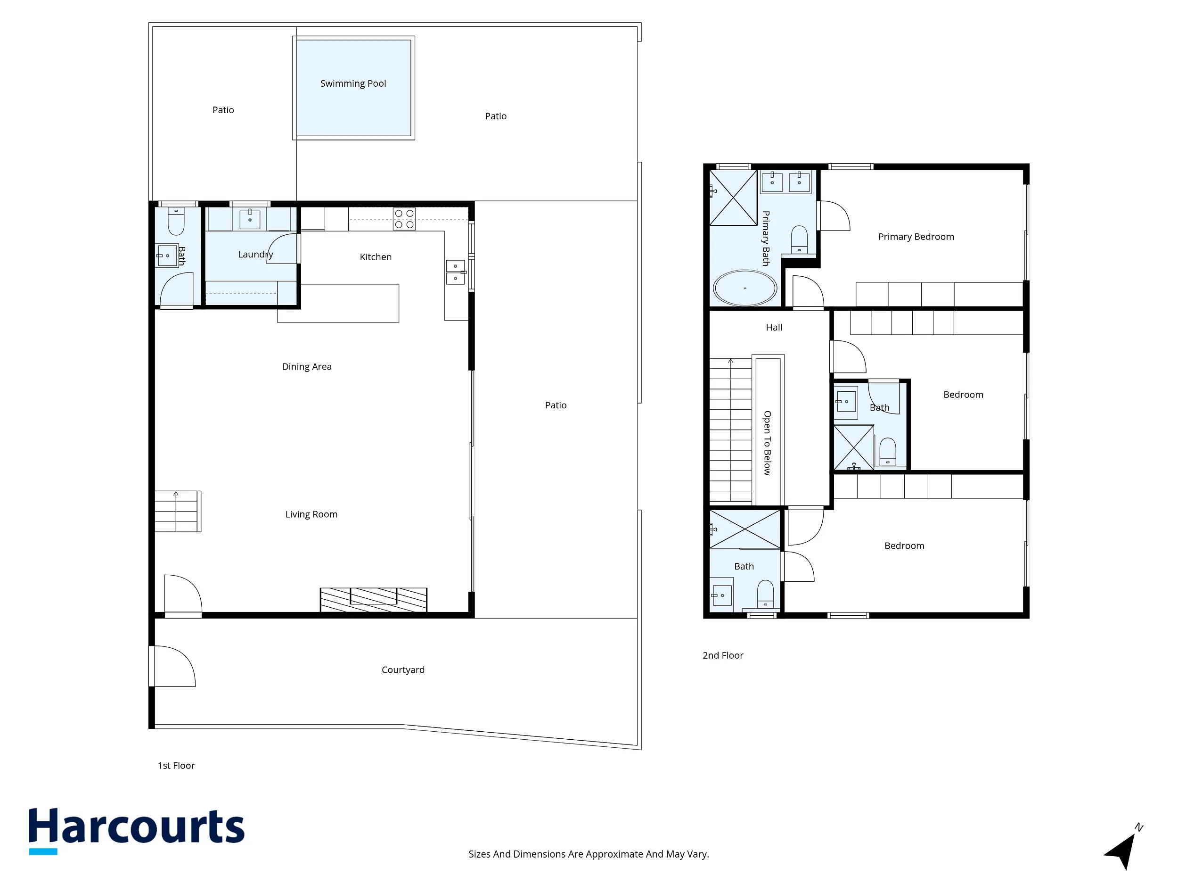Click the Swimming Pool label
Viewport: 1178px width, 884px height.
click(x=353, y=83)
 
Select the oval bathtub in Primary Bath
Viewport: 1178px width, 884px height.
click(x=745, y=288)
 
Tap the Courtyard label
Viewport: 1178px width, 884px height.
click(x=403, y=670)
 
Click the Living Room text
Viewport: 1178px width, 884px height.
click(x=311, y=514)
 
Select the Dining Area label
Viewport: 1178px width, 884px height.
click(x=307, y=367)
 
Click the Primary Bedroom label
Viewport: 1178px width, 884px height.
click(x=916, y=237)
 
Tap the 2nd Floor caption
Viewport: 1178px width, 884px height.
click(x=723, y=655)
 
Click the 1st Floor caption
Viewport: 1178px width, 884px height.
click(x=176, y=766)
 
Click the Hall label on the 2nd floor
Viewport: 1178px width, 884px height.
click(x=774, y=328)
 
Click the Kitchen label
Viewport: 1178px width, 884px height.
click(x=376, y=257)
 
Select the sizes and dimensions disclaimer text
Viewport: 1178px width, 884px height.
click(x=589, y=854)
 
